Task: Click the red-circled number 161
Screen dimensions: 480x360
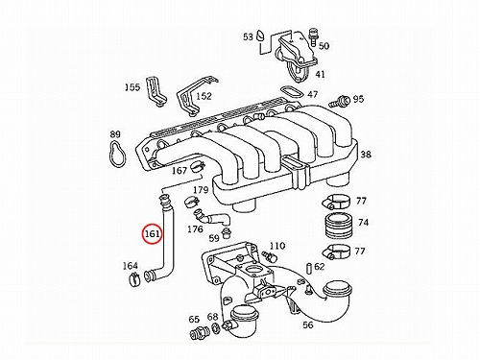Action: [x=153, y=234]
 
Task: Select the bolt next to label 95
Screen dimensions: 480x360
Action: [x=339, y=102]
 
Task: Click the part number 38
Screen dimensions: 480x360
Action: [x=366, y=155]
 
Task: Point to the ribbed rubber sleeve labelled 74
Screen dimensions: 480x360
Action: [x=338, y=226]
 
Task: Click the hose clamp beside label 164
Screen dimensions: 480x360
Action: [x=134, y=279]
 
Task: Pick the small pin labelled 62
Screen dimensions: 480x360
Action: [x=309, y=268]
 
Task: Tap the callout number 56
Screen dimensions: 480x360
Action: [x=307, y=324]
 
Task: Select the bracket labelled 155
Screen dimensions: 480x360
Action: [x=156, y=92]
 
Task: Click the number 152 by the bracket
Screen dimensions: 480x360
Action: [x=204, y=96]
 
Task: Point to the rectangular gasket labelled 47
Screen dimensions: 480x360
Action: [x=291, y=93]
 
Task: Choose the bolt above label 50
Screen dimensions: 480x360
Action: [x=313, y=36]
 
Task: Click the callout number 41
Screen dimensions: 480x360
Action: [x=320, y=74]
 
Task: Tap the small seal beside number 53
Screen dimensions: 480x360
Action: [x=260, y=36]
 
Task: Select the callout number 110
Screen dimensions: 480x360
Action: [x=277, y=246]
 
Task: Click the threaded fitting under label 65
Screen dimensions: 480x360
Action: [x=199, y=332]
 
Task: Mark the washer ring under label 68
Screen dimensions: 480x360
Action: [x=216, y=328]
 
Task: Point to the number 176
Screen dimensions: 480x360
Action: [x=195, y=229]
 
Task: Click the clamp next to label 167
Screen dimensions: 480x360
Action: [x=197, y=166]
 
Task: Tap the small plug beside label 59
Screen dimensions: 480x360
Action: [x=227, y=232]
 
